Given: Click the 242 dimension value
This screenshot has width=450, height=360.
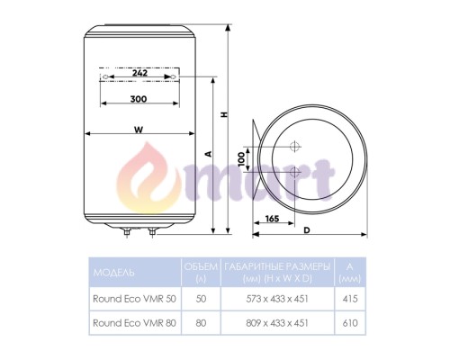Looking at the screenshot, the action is (139, 73).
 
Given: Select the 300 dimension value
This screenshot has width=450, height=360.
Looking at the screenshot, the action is (139, 99).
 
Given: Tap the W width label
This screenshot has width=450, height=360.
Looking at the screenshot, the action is (139, 130).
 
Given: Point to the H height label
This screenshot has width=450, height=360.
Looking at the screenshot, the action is (224, 114).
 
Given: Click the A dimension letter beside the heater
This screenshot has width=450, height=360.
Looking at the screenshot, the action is (209, 154).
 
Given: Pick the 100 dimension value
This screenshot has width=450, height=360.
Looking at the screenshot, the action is (241, 159).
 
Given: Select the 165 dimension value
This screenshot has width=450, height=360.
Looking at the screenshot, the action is (272, 219).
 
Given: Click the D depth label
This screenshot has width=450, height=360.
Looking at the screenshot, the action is (307, 230).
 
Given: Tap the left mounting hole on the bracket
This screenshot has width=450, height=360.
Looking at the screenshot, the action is (104, 77).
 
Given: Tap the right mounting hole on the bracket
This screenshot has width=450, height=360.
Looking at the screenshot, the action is (173, 77).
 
